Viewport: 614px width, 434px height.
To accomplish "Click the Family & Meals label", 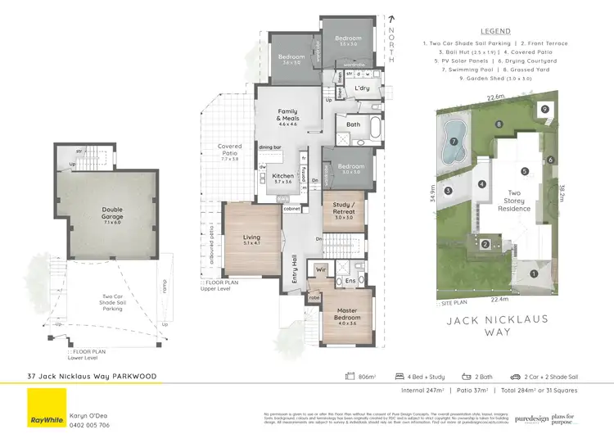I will point(287,119).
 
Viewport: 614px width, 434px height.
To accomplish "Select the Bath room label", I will point(354,125).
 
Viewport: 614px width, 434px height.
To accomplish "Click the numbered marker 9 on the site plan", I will point(544,109).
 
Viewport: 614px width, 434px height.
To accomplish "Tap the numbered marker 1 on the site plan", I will point(533,274).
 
